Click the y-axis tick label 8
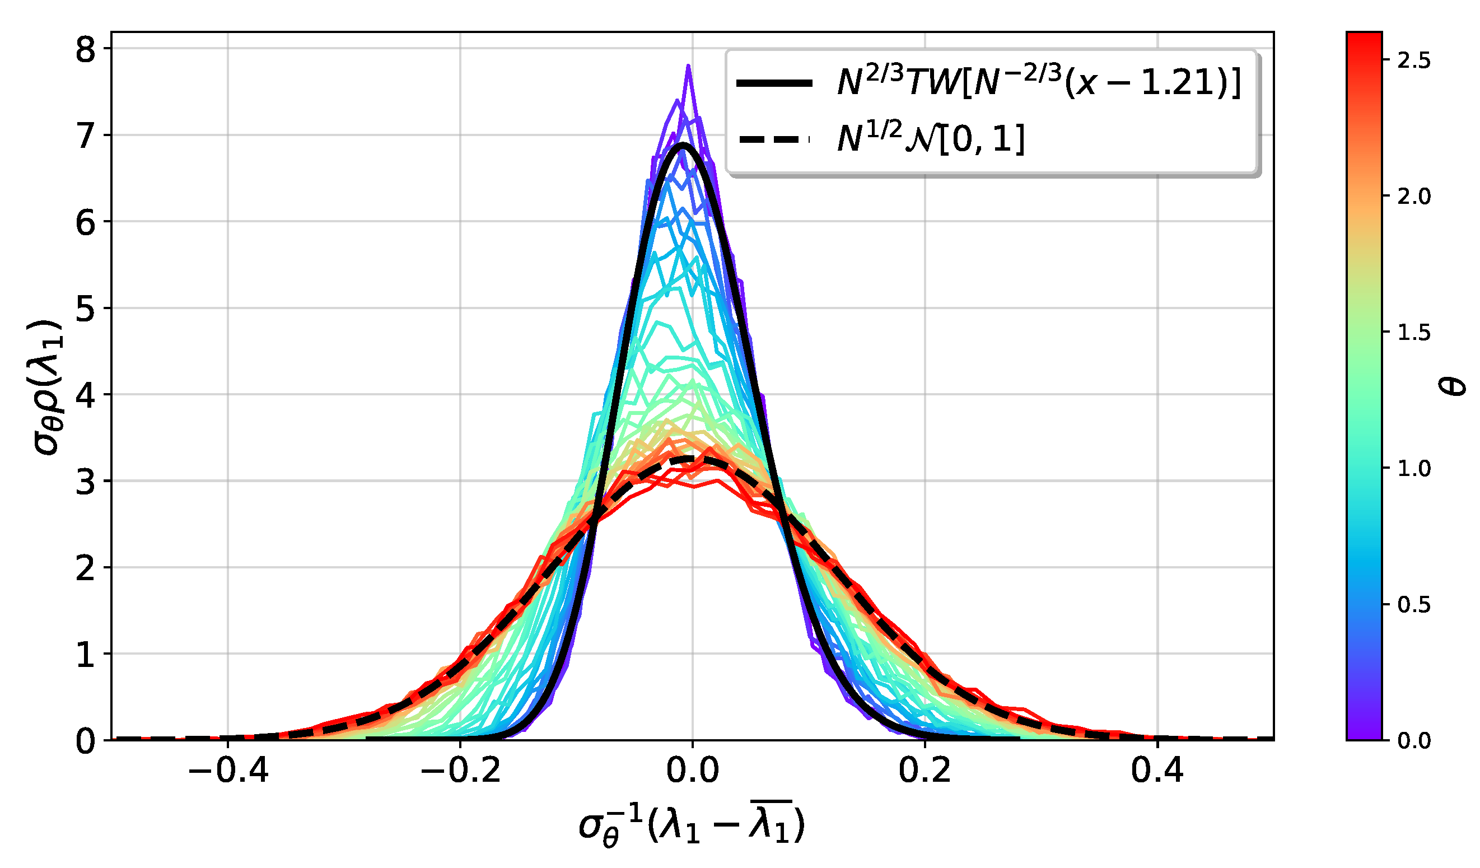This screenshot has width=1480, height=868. click(x=85, y=50)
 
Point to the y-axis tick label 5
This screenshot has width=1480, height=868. click(x=85, y=310)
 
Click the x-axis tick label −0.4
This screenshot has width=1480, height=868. click(x=228, y=771)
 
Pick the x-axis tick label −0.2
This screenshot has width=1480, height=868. click(x=460, y=771)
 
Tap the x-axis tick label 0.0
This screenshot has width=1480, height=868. click(x=693, y=771)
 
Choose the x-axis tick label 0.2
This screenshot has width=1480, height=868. click(x=925, y=771)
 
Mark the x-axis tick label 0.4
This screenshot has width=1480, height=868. click(x=1157, y=771)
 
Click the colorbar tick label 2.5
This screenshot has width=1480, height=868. click(x=1413, y=61)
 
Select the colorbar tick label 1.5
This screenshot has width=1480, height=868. click(x=1413, y=333)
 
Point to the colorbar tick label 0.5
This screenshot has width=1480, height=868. click(x=1413, y=605)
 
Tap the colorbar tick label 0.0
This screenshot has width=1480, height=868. click(x=1413, y=741)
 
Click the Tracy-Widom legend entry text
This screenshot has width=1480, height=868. click(x=1038, y=83)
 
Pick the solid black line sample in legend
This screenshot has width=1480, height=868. click(x=774, y=83)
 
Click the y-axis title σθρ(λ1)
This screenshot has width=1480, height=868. click(x=47, y=388)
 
